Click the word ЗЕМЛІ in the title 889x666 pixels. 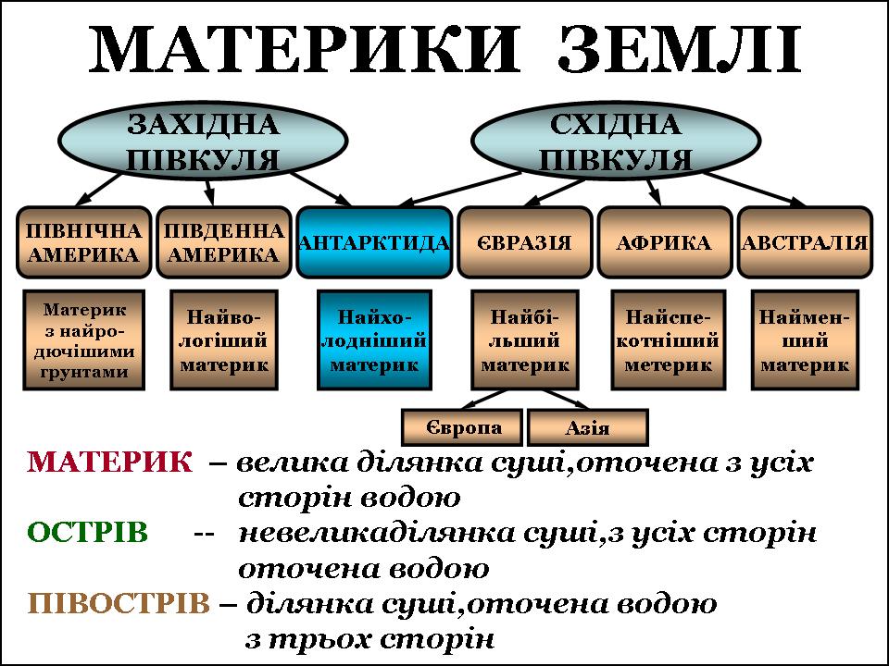point(679,49)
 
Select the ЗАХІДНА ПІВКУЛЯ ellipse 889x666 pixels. point(203,141)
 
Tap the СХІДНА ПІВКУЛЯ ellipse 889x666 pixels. point(616,141)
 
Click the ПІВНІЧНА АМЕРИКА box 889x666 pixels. point(84,242)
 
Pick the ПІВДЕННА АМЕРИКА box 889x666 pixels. point(224,242)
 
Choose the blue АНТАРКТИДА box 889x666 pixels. point(374,242)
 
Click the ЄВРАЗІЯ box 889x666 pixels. point(524,242)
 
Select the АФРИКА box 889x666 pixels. point(665,242)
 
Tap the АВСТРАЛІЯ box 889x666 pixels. point(805,242)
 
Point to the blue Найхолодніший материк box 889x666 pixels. point(374,339)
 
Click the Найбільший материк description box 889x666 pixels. point(525,339)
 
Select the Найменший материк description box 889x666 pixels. point(805,339)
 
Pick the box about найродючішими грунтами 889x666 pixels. point(84,339)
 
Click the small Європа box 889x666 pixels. point(462,427)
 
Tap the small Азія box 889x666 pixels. point(587,427)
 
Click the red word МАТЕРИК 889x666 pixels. point(109,462)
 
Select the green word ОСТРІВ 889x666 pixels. point(87,533)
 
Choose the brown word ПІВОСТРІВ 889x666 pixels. point(119,603)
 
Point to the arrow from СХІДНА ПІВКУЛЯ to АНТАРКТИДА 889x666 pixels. point(460,188)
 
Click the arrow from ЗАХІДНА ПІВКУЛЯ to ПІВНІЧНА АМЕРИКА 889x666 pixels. point(98,189)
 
